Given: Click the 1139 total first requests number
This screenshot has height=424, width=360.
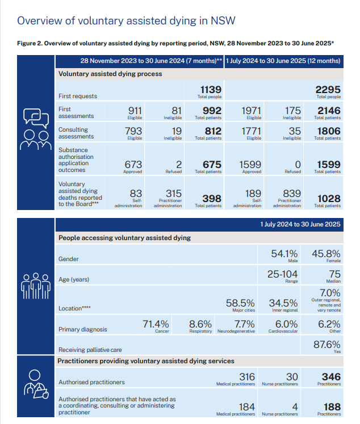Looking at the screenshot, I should pyautogui.click(x=211, y=90).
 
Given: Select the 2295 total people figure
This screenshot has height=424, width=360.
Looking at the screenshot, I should pyautogui.click(x=329, y=90).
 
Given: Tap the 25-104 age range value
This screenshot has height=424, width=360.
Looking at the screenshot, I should pyautogui.click(x=283, y=274).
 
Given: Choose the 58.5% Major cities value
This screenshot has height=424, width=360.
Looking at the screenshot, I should pyautogui.click(x=240, y=303).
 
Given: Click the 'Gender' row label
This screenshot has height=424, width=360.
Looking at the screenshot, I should pyautogui.click(x=70, y=259).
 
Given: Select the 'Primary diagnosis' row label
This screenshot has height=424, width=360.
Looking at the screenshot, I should pyautogui.click(x=83, y=329).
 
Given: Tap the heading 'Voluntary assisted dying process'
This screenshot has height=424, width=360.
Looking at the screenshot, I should pyautogui.click(x=110, y=74).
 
